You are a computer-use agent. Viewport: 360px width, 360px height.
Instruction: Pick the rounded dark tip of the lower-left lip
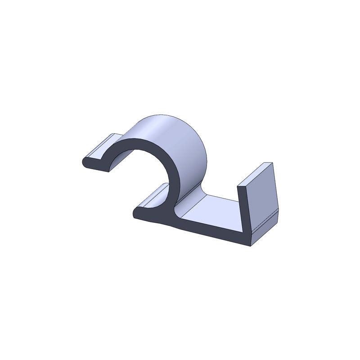click(136, 211)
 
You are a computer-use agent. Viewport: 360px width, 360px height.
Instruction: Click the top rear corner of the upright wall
click(272, 163)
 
